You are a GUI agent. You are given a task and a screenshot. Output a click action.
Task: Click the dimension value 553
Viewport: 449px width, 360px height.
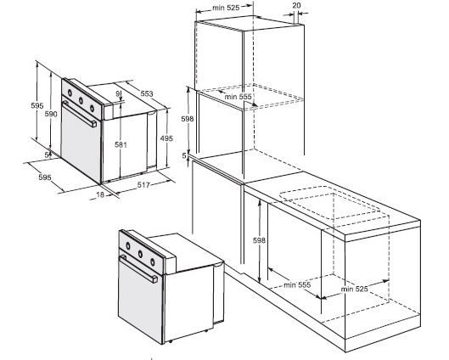[x=147, y=93]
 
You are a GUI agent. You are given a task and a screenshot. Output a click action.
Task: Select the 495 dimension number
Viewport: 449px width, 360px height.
[x=166, y=138]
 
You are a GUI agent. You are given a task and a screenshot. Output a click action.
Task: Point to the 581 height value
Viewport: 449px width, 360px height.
[x=121, y=144]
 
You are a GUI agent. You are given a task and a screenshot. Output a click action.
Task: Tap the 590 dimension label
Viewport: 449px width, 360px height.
[x=51, y=114]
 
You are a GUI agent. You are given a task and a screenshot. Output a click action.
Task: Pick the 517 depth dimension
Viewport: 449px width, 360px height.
[x=143, y=185]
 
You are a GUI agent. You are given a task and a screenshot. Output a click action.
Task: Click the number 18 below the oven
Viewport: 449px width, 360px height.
[x=100, y=194]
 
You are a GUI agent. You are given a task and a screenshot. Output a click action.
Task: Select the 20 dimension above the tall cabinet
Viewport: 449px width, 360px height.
[x=297, y=5]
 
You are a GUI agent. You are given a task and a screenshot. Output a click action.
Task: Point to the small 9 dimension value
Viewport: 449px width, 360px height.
[x=118, y=93]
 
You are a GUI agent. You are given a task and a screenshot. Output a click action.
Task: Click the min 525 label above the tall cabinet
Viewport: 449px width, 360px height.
[x=226, y=8]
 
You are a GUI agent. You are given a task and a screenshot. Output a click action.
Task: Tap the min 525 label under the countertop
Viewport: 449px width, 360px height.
[x=354, y=289]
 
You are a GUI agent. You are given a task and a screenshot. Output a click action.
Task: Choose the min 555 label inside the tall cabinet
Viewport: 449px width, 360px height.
[x=238, y=97]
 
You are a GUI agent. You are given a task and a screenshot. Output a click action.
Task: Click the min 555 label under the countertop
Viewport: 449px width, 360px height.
[x=297, y=285]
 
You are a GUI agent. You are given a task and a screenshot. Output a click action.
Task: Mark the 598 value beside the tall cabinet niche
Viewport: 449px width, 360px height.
[x=188, y=119]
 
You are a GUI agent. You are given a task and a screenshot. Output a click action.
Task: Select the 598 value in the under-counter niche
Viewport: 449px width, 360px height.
[x=259, y=240]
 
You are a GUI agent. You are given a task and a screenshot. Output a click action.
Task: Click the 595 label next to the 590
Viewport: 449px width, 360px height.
[x=37, y=105]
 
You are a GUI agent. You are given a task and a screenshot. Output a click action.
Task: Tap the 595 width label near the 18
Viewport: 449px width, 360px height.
[x=45, y=177]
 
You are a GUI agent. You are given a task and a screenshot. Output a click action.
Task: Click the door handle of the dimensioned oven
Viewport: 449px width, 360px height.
[x=79, y=114]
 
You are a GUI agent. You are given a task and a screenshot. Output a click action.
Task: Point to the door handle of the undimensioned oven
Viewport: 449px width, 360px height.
[x=138, y=269]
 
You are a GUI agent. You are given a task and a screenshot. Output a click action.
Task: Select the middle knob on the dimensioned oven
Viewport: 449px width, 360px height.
[x=81, y=100]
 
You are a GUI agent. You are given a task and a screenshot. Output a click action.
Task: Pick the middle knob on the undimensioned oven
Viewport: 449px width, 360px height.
[x=140, y=254]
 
